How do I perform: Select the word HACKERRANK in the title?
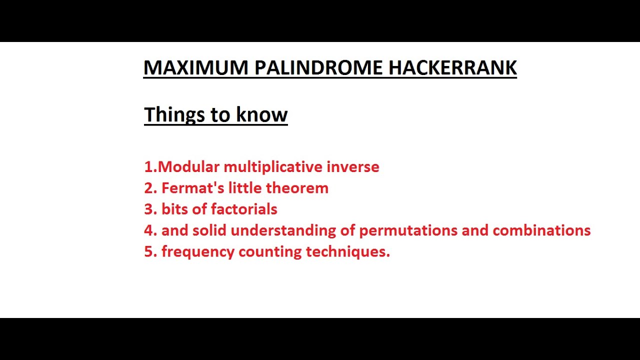coord(452,68)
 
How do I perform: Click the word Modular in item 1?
coord(189,167)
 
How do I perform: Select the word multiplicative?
coord(273,167)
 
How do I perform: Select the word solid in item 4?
coord(209,230)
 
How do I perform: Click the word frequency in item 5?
coord(197,252)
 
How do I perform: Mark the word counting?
coord(270,252)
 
